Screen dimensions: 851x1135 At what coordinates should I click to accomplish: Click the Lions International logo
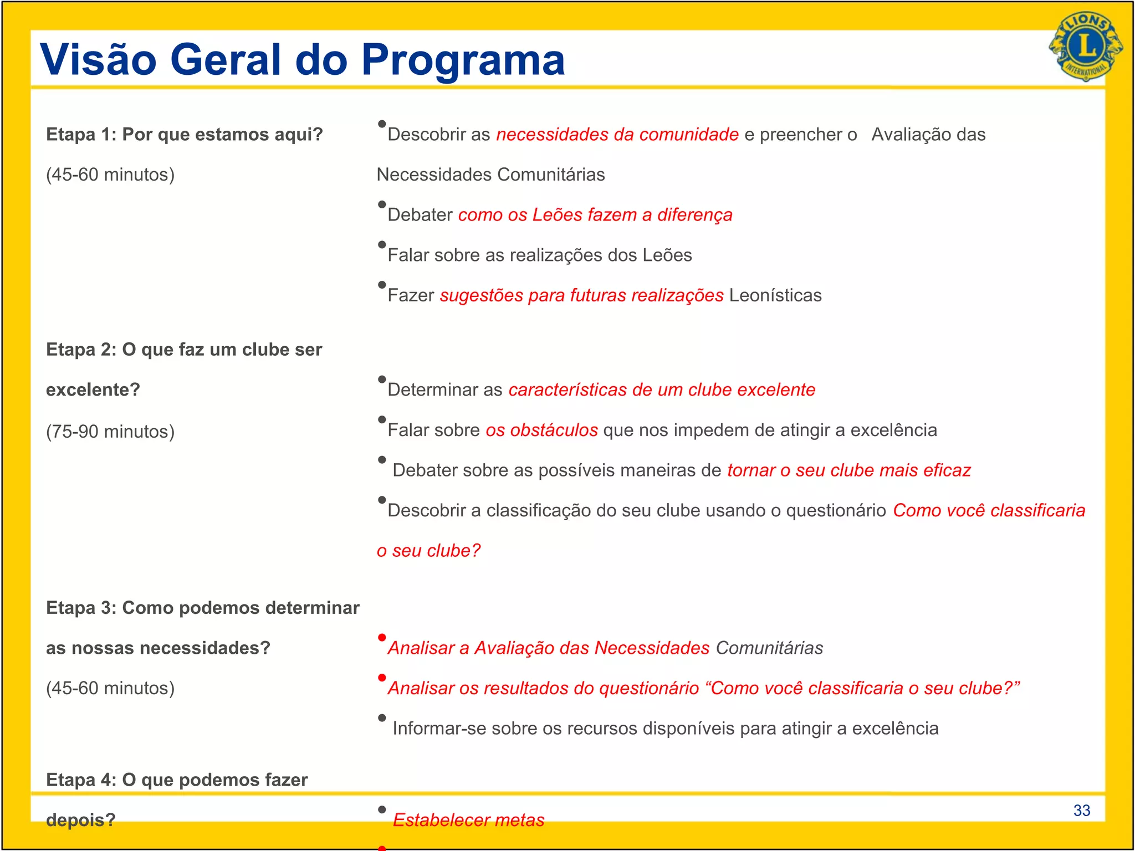tap(1085, 47)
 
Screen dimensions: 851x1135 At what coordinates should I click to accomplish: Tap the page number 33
tap(1081, 811)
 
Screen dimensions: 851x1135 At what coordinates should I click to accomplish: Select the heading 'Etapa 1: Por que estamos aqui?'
tap(184, 135)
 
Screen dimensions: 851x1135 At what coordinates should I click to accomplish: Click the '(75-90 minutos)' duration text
tap(110, 432)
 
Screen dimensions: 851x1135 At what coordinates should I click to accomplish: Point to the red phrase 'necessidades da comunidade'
tap(617, 135)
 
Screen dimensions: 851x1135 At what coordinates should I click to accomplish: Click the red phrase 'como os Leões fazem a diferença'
tap(595, 215)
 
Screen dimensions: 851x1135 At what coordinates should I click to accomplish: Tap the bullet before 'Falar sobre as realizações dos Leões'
tap(382, 245)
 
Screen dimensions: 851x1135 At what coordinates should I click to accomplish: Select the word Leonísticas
tap(775, 295)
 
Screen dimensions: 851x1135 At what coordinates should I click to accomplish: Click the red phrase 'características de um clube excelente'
tap(661, 390)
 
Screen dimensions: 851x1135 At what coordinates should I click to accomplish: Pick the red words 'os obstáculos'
tap(541, 430)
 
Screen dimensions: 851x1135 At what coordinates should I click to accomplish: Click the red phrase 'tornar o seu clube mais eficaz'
tap(848, 470)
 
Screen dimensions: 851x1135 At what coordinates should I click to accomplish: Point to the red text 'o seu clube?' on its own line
tap(428, 551)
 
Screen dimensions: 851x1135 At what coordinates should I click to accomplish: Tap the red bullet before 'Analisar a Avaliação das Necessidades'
tap(382, 638)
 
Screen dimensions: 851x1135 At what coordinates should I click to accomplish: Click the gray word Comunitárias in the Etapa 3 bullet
tap(769, 648)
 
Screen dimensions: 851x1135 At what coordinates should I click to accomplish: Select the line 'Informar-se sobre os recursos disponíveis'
tap(665, 729)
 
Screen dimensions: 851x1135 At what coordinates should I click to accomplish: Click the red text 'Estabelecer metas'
tap(468, 820)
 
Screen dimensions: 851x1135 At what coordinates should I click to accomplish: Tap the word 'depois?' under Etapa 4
tap(81, 820)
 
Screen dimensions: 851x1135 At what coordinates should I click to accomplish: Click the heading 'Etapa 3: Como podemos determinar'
tap(203, 608)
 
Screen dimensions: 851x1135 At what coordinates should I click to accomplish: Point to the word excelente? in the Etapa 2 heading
tap(93, 390)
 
